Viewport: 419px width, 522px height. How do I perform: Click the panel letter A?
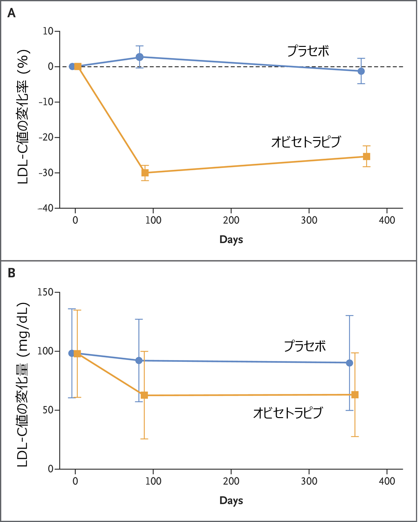click(12, 13)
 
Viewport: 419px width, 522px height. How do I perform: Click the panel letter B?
click(12, 273)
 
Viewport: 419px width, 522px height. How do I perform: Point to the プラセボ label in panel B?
click(305, 346)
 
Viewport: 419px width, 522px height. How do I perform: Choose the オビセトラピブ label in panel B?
click(287, 413)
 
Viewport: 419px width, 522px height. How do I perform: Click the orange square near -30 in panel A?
click(145, 173)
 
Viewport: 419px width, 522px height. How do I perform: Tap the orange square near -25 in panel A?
click(366, 156)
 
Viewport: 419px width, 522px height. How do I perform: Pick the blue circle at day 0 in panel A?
click(72, 66)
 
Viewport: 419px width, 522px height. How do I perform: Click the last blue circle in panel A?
click(361, 71)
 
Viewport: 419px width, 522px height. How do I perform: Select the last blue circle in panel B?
click(349, 363)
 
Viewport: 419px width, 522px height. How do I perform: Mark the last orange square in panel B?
click(355, 394)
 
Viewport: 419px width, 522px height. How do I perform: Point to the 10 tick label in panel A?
click(48, 32)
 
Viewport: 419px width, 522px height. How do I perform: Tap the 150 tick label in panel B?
click(45, 292)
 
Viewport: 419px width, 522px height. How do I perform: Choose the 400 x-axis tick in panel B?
click(387, 481)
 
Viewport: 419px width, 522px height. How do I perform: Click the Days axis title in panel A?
click(231, 240)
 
